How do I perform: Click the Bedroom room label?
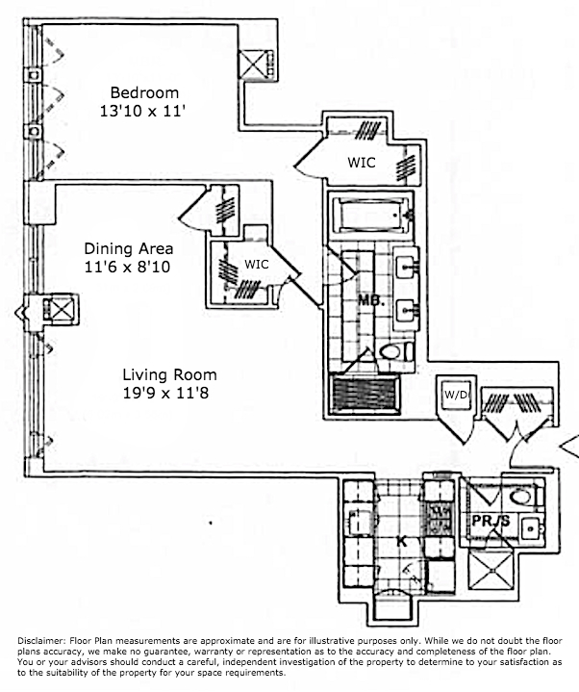(144, 92)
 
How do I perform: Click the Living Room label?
(169, 374)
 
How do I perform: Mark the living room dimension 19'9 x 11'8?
(169, 393)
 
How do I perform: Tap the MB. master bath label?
(371, 300)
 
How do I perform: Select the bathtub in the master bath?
(369, 215)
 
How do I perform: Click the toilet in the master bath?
(395, 352)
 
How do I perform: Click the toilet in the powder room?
(522, 499)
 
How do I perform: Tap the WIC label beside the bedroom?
(362, 164)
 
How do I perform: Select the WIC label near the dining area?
(256, 264)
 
